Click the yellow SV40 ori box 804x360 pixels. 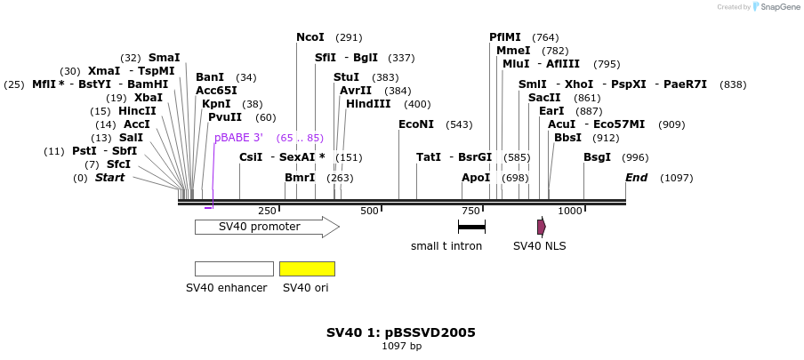pyautogui.click(x=307, y=268)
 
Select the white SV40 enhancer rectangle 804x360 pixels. pyautogui.click(x=234, y=268)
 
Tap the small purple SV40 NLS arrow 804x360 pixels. pyautogui.click(x=541, y=227)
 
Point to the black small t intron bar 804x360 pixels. pyautogui.click(x=471, y=227)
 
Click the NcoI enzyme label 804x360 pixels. pyautogui.click(x=310, y=37)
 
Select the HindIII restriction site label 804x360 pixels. pyautogui.click(x=367, y=104)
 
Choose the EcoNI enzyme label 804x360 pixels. pyautogui.click(x=416, y=124)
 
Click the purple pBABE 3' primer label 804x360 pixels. pyautogui.click(x=238, y=138)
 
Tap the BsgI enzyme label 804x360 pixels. pyautogui.click(x=597, y=157)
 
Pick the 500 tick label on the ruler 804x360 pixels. pyautogui.click(x=369, y=211)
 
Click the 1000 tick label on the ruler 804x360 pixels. pyautogui.click(x=570, y=211)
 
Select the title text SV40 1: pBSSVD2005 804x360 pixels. pyautogui.click(x=401, y=332)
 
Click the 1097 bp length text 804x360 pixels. pyautogui.click(x=401, y=346)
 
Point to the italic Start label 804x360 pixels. pyautogui.click(x=110, y=178)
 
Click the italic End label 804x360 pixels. pyautogui.click(x=636, y=178)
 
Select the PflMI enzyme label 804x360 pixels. pyautogui.click(x=505, y=37)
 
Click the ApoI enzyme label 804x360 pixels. pyautogui.click(x=476, y=178)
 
